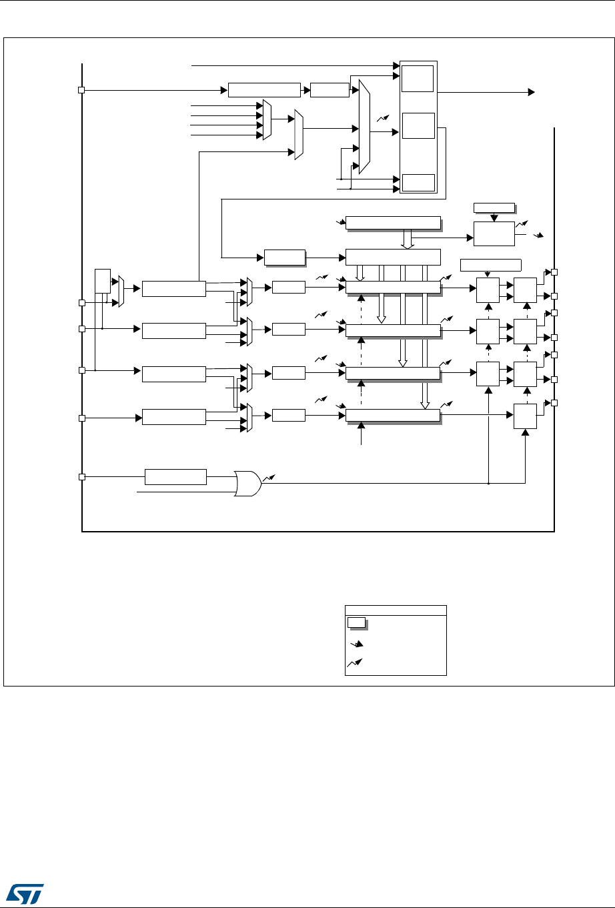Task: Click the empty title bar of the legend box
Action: pos(396,609)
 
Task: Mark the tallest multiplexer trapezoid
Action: pos(364,126)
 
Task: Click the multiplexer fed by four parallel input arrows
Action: pos(267,120)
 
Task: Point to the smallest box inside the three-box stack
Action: pos(418,182)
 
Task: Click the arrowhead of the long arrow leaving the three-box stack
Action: pos(532,91)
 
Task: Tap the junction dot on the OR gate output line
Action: pos(489,483)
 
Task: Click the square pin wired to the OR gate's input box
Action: pos(81,476)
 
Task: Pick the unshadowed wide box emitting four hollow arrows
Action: pos(394,257)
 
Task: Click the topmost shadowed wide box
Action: pos(394,222)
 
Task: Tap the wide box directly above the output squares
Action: pos(490,264)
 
